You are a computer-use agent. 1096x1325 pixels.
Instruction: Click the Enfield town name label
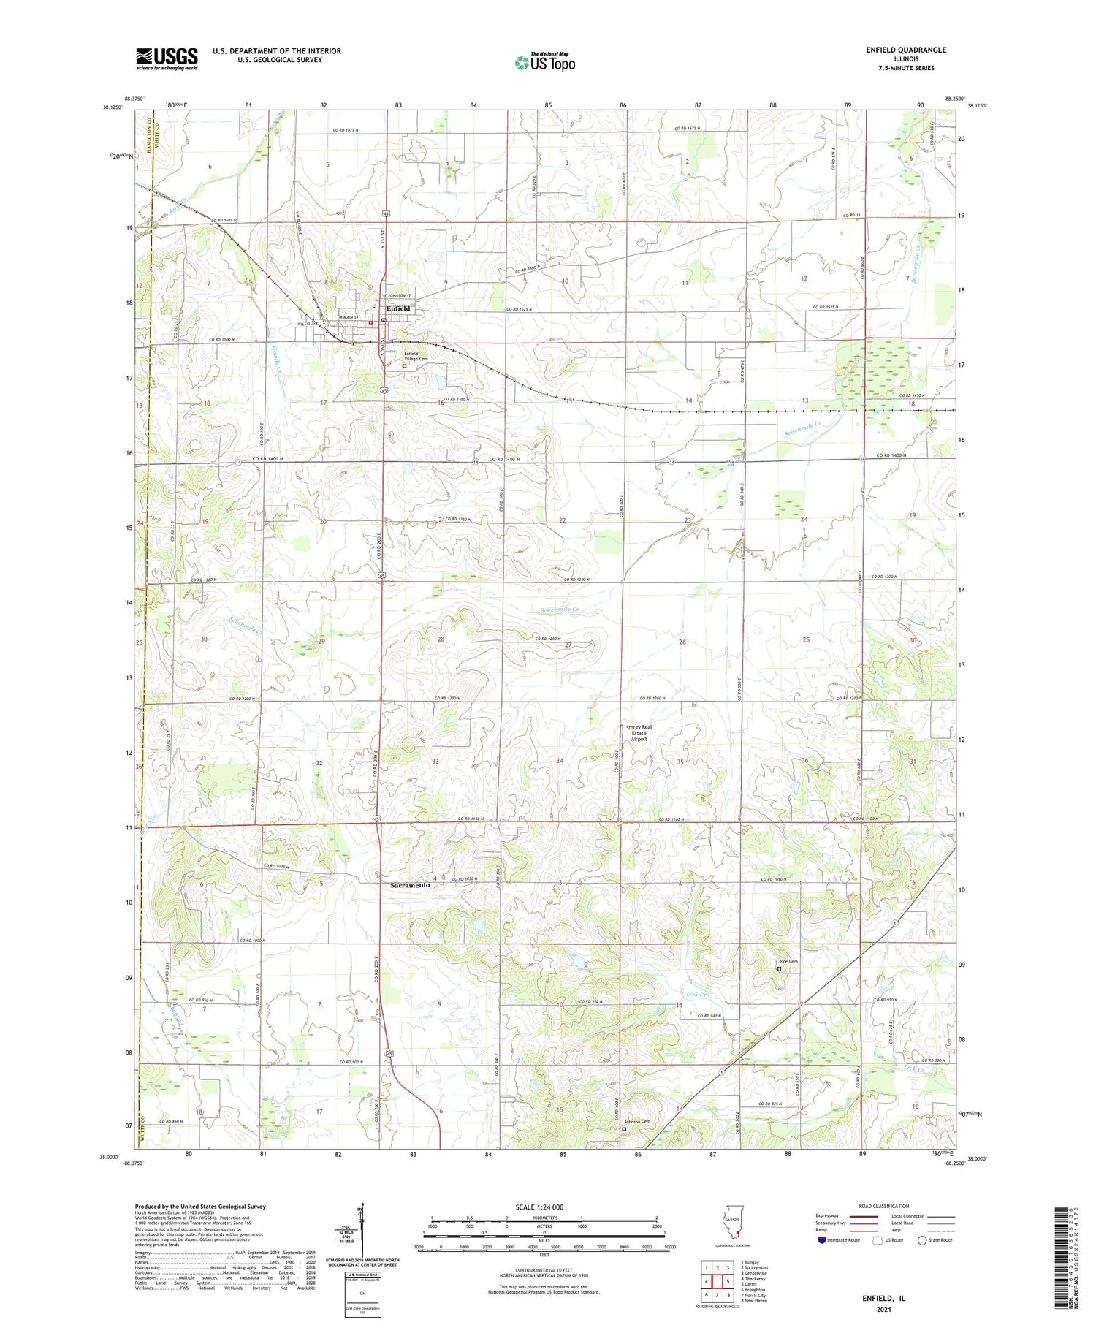point(398,308)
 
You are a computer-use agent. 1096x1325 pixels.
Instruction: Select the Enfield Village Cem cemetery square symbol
point(404,367)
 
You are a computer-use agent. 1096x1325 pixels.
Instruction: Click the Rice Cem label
point(787,961)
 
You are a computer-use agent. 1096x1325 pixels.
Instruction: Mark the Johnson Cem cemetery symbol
point(623,1129)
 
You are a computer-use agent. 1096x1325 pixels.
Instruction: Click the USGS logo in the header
point(167,58)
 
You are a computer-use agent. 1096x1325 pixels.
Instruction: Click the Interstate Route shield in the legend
point(822,1240)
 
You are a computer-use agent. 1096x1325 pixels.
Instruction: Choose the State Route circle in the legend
point(922,1240)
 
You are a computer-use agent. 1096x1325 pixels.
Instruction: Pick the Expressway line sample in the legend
point(863,1216)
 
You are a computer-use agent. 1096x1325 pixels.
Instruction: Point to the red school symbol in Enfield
point(370,323)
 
